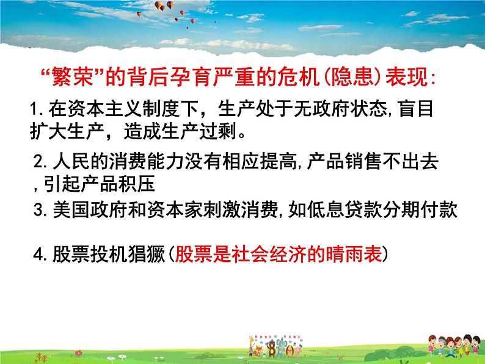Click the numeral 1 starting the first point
click(34, 111)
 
